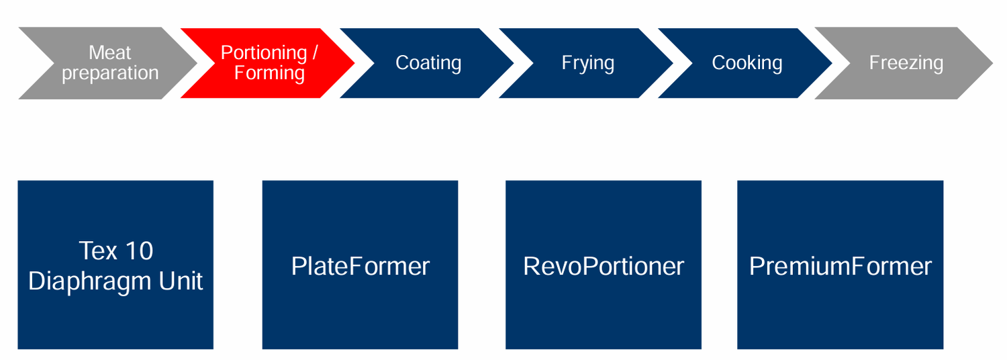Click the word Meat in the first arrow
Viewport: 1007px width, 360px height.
point(110,52)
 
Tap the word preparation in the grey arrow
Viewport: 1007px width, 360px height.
point(110,73)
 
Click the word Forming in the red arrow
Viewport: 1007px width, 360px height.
point(269,73)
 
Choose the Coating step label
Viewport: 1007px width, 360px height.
point(428,63)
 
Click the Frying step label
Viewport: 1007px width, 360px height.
point(588,63)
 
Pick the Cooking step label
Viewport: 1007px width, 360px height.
point(747,63)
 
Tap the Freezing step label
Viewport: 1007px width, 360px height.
point(906,63)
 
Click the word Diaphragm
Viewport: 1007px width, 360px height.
point(89,281)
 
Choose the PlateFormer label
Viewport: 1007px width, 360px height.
point(361,267)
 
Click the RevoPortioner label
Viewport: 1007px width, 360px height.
point(604,267)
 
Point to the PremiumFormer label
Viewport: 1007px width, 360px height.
point(841,267)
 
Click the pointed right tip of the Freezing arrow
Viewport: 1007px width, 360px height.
point(991,63)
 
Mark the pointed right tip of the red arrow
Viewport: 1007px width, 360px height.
point(353,63)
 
